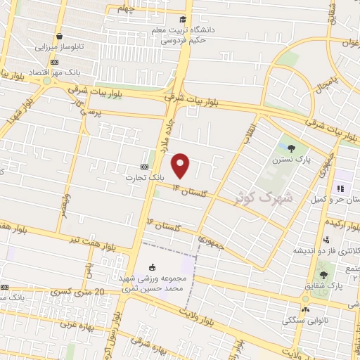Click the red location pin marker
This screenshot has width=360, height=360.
(181, 165)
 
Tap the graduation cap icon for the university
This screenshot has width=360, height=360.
(183, 20)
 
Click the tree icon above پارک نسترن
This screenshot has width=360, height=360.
(291, 148)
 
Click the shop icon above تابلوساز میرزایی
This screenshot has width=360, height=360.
(60, 36)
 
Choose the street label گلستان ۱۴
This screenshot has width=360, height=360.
(195, 191)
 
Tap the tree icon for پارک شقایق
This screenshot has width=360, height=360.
(323, 275)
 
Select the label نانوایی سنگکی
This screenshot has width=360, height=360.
(306, 320)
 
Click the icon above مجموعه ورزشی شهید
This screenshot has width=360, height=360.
(153, 266)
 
